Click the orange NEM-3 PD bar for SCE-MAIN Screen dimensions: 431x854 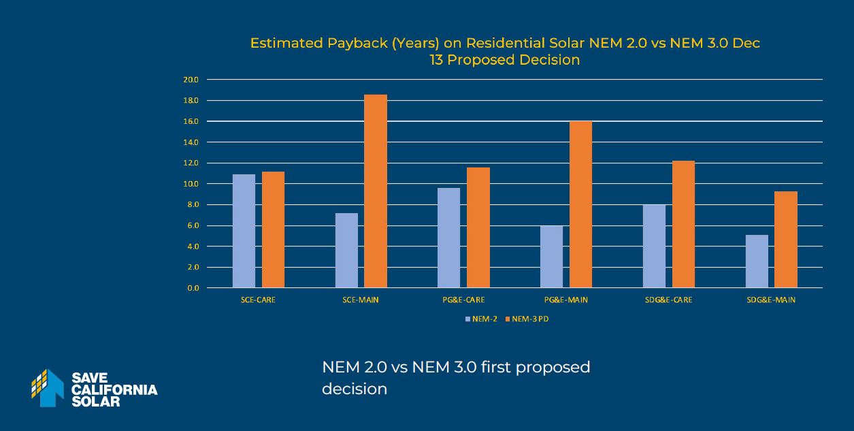(375, 191)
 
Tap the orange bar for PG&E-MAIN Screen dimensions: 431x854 (580, 204)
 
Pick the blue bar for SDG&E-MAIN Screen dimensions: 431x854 (756, 261)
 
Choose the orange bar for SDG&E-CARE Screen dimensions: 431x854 (683, 225)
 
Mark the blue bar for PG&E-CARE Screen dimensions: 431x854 (448, 238)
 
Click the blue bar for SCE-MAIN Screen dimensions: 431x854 (346, 251)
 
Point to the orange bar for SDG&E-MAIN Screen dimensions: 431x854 (785, 240)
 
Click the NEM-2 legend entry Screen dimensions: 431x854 (481, 319)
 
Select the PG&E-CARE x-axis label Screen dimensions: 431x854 (463, 300)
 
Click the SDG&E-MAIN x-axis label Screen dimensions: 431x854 (770, 300)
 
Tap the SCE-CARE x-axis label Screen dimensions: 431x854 (258, 300)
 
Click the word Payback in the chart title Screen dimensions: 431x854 (348, 44)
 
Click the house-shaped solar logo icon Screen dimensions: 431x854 (48, 387)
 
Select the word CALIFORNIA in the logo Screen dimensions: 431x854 (114, 389)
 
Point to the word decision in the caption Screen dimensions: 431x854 (354, 389)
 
